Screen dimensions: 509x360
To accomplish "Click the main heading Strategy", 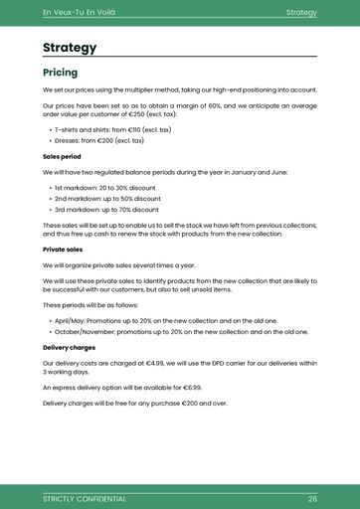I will pos(70,48).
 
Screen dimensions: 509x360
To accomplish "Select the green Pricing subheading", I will pos(60,73).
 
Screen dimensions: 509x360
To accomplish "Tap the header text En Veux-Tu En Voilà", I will pos(80,12).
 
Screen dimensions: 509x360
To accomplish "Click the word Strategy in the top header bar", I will pos(300,12).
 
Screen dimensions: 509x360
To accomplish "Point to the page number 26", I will pos(312,498).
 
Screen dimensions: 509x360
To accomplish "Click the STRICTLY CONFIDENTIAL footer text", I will pos(85,498).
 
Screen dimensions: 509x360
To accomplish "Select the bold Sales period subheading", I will pos(62,156).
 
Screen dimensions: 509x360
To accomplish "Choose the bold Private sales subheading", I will pos(63,250).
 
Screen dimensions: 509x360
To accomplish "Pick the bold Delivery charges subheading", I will pos(69,348).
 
